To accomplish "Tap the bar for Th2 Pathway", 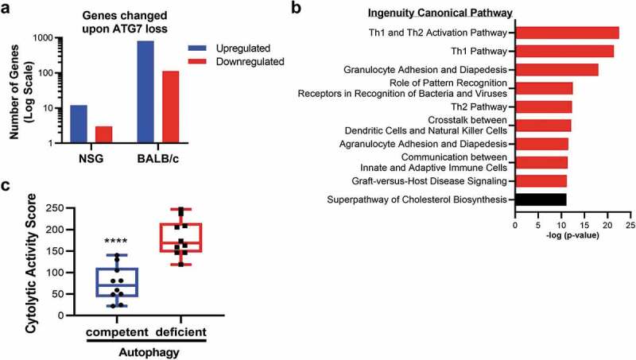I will pyautogui.click(x=543, y=106).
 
